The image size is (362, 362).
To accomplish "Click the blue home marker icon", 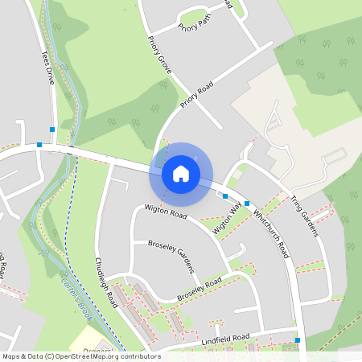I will click(181, 173).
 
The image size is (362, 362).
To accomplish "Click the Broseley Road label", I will click(199, 290).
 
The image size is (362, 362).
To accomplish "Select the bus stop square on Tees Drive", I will click(52, 129).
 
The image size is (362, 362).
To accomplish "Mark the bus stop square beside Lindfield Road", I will click(298, 340).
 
